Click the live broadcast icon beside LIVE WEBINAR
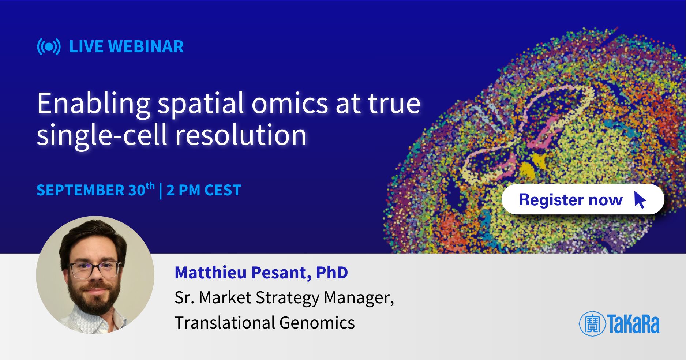pyautogui.click(x=49, y=47)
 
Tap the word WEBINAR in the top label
pyautogui.click(x=146, y=46)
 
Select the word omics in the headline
pyautogui.click(x=289, y=104)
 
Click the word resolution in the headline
pyautogui.click(x=240, y=135)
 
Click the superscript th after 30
pyautogui.click(x=150, y=186)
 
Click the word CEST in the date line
pyautogui.click(x=222, y=190)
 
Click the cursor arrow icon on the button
pyautogui.click(x=640, y=200)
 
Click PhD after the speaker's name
pyautogui.click(x=332, y=273)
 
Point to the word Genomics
pyautogui.click(x=317, y=323)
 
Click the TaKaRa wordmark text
pyautogui.click(x=633, y=324)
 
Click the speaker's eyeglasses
pyautogui.click(x=95, y=269)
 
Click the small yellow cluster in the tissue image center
pyautogui.click(x=528, y=169)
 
